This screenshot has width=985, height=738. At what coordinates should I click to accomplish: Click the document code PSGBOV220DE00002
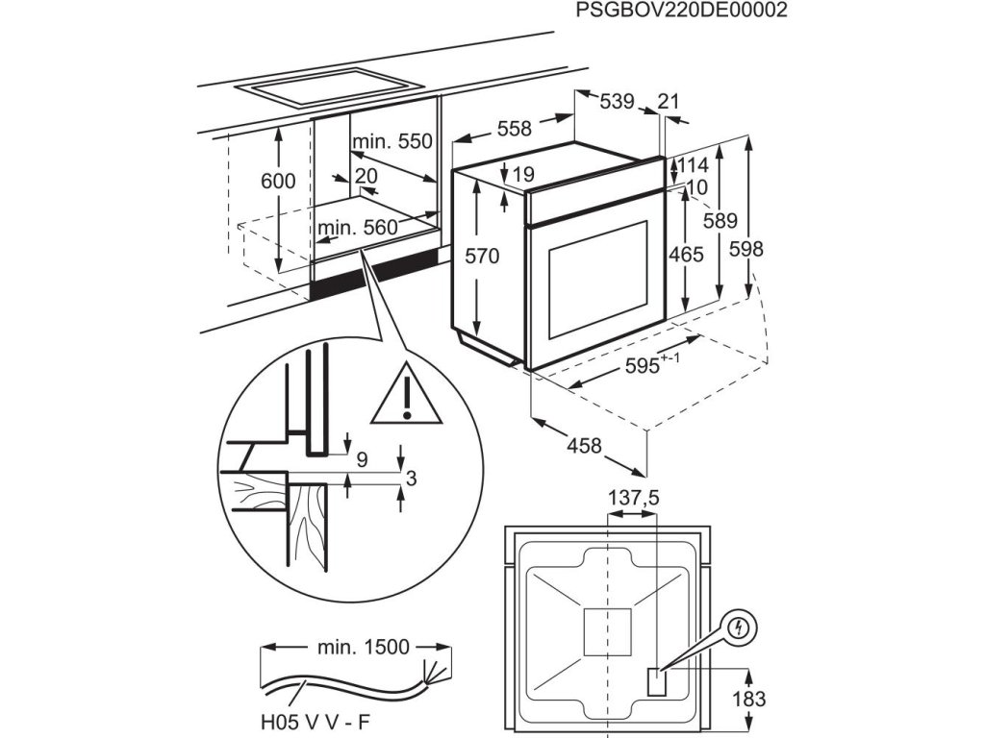(681, 11)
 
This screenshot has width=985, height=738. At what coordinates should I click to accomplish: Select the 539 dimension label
(616, 101)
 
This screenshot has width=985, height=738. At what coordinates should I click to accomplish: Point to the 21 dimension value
(669, 101)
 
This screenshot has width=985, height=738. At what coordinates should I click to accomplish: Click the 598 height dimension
(745, 249)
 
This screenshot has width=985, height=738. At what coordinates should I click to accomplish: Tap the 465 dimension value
(685, 255)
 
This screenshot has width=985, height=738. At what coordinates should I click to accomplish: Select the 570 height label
(482, 256)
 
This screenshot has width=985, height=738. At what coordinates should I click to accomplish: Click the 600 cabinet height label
(278, 181)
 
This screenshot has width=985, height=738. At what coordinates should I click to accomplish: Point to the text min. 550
(392, 142)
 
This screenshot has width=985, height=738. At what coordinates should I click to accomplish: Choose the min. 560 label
(357, 228)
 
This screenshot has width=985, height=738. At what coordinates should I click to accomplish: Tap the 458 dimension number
(585, 446)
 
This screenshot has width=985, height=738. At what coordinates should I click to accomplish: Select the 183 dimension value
(748, 700)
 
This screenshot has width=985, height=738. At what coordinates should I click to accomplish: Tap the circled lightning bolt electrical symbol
(739, 629)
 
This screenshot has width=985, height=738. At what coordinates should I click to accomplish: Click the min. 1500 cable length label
(365, 647)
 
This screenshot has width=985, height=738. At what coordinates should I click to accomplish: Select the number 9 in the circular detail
(363, 459)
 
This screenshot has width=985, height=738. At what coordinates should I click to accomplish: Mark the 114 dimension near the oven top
(692, 164)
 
